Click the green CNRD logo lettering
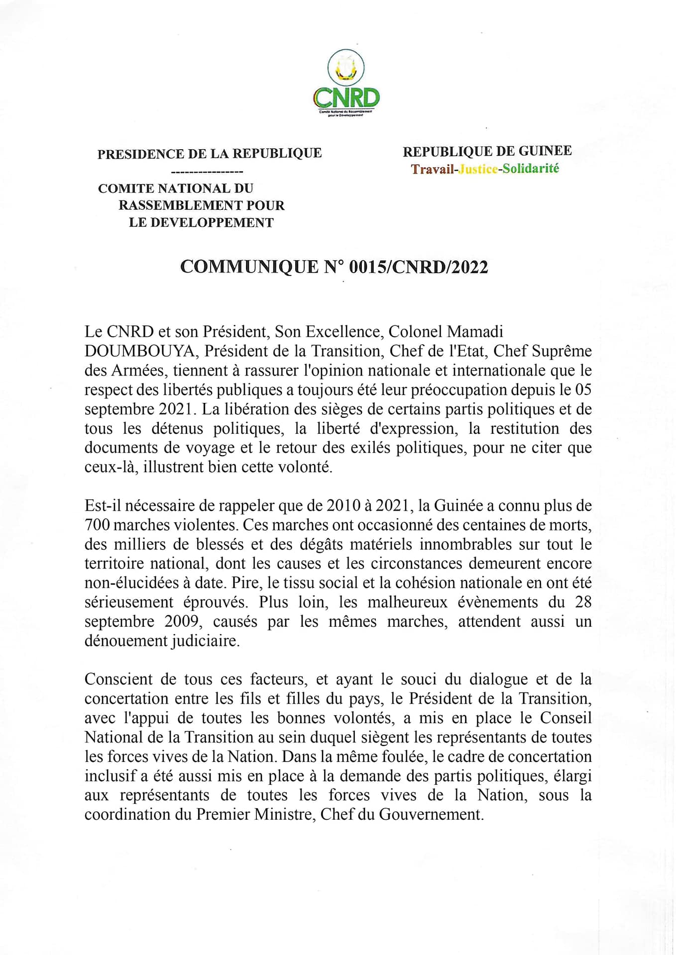coord(346,98)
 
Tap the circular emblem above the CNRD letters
coord(346,68)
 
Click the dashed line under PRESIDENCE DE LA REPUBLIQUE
coord(207,172)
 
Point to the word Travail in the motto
coord(432,169)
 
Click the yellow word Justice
coord(478,169)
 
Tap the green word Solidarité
coord(531,169)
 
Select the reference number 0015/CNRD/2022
coord(418,267)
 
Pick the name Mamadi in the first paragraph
coord(474,332)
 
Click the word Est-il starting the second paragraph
coord(103,506)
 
